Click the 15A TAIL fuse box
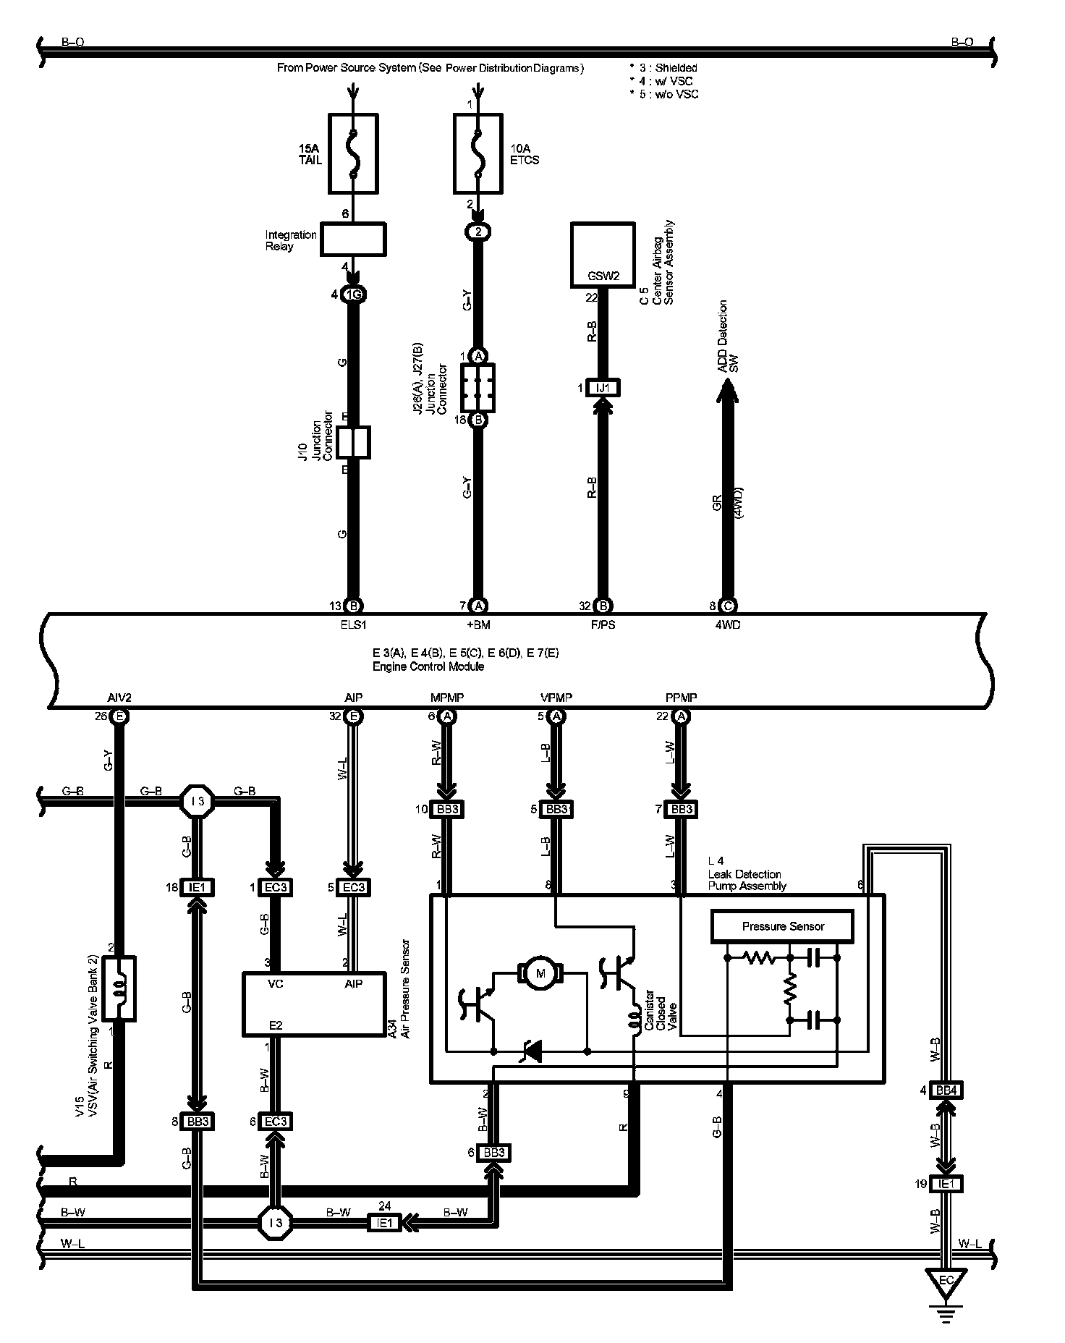pyautogui.click(x=353, y=153)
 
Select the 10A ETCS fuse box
pyautogui.click(x=478, y=153)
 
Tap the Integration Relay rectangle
pyautogui.click(x=353, y=239)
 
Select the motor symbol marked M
pyautogui.click(x=540, y=973)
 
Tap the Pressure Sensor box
pyautogui.click(x=783, y=927)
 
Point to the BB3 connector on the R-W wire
pyautogui.click(x=447, y=809)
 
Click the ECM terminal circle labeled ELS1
pyautogui.click(x=353, y=606)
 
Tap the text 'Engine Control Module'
pyautogui.click(x=428, y=666)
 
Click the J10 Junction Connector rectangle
pyautogui.click(x=353, y=443)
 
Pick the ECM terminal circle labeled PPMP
pyautogui.click(x=681, y=716)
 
